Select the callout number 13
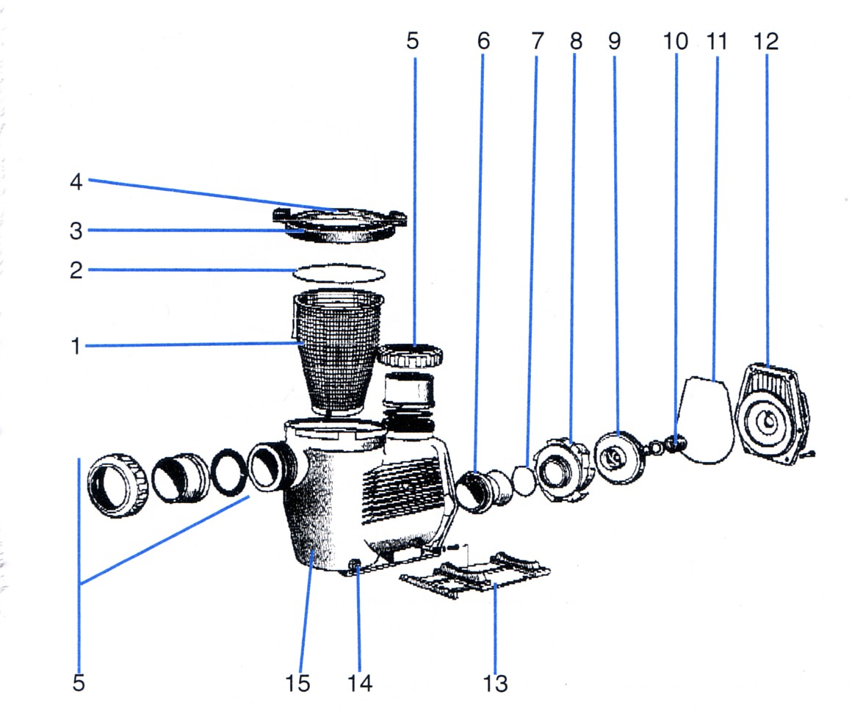pyautogui.click(x=496, y=683)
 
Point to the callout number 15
pyautogui.click(x=297, y=683)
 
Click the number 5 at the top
pyautogui.click(x=413, y=41)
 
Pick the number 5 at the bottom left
pyautogui.click(x=79, y=683)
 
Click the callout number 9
pyautogui.click(x=614, y=41)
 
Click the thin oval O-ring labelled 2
pyautogui.click(x=339, y=273)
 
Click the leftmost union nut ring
pyautogui.click(x=119, y=486)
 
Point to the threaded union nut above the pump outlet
pyautogui.click(x=411, y=358)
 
